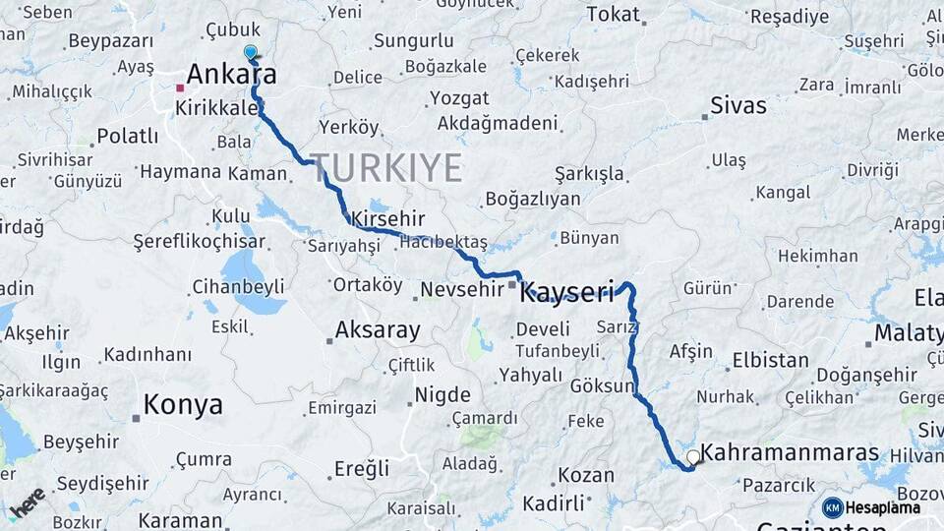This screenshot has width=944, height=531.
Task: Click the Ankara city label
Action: pos(231,75)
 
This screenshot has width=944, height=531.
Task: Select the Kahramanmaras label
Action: pos(791,453)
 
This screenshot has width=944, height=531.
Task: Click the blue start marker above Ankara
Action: pos(250,52)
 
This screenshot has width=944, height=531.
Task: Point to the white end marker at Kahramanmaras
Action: pos(693,456)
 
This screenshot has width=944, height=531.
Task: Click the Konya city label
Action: pos(183,404)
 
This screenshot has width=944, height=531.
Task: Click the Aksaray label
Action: pos(378,330)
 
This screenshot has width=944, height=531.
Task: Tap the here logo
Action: pos(27,502)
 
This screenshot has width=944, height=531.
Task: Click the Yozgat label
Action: pos(459,98)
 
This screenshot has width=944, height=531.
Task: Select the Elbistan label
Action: pos(770,360)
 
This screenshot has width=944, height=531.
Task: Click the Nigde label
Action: pos(442,395)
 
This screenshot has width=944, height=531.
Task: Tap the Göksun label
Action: pos(603,386)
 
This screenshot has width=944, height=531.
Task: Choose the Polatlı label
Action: pos(127,136)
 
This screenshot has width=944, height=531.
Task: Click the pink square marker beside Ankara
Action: pos(180,88)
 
